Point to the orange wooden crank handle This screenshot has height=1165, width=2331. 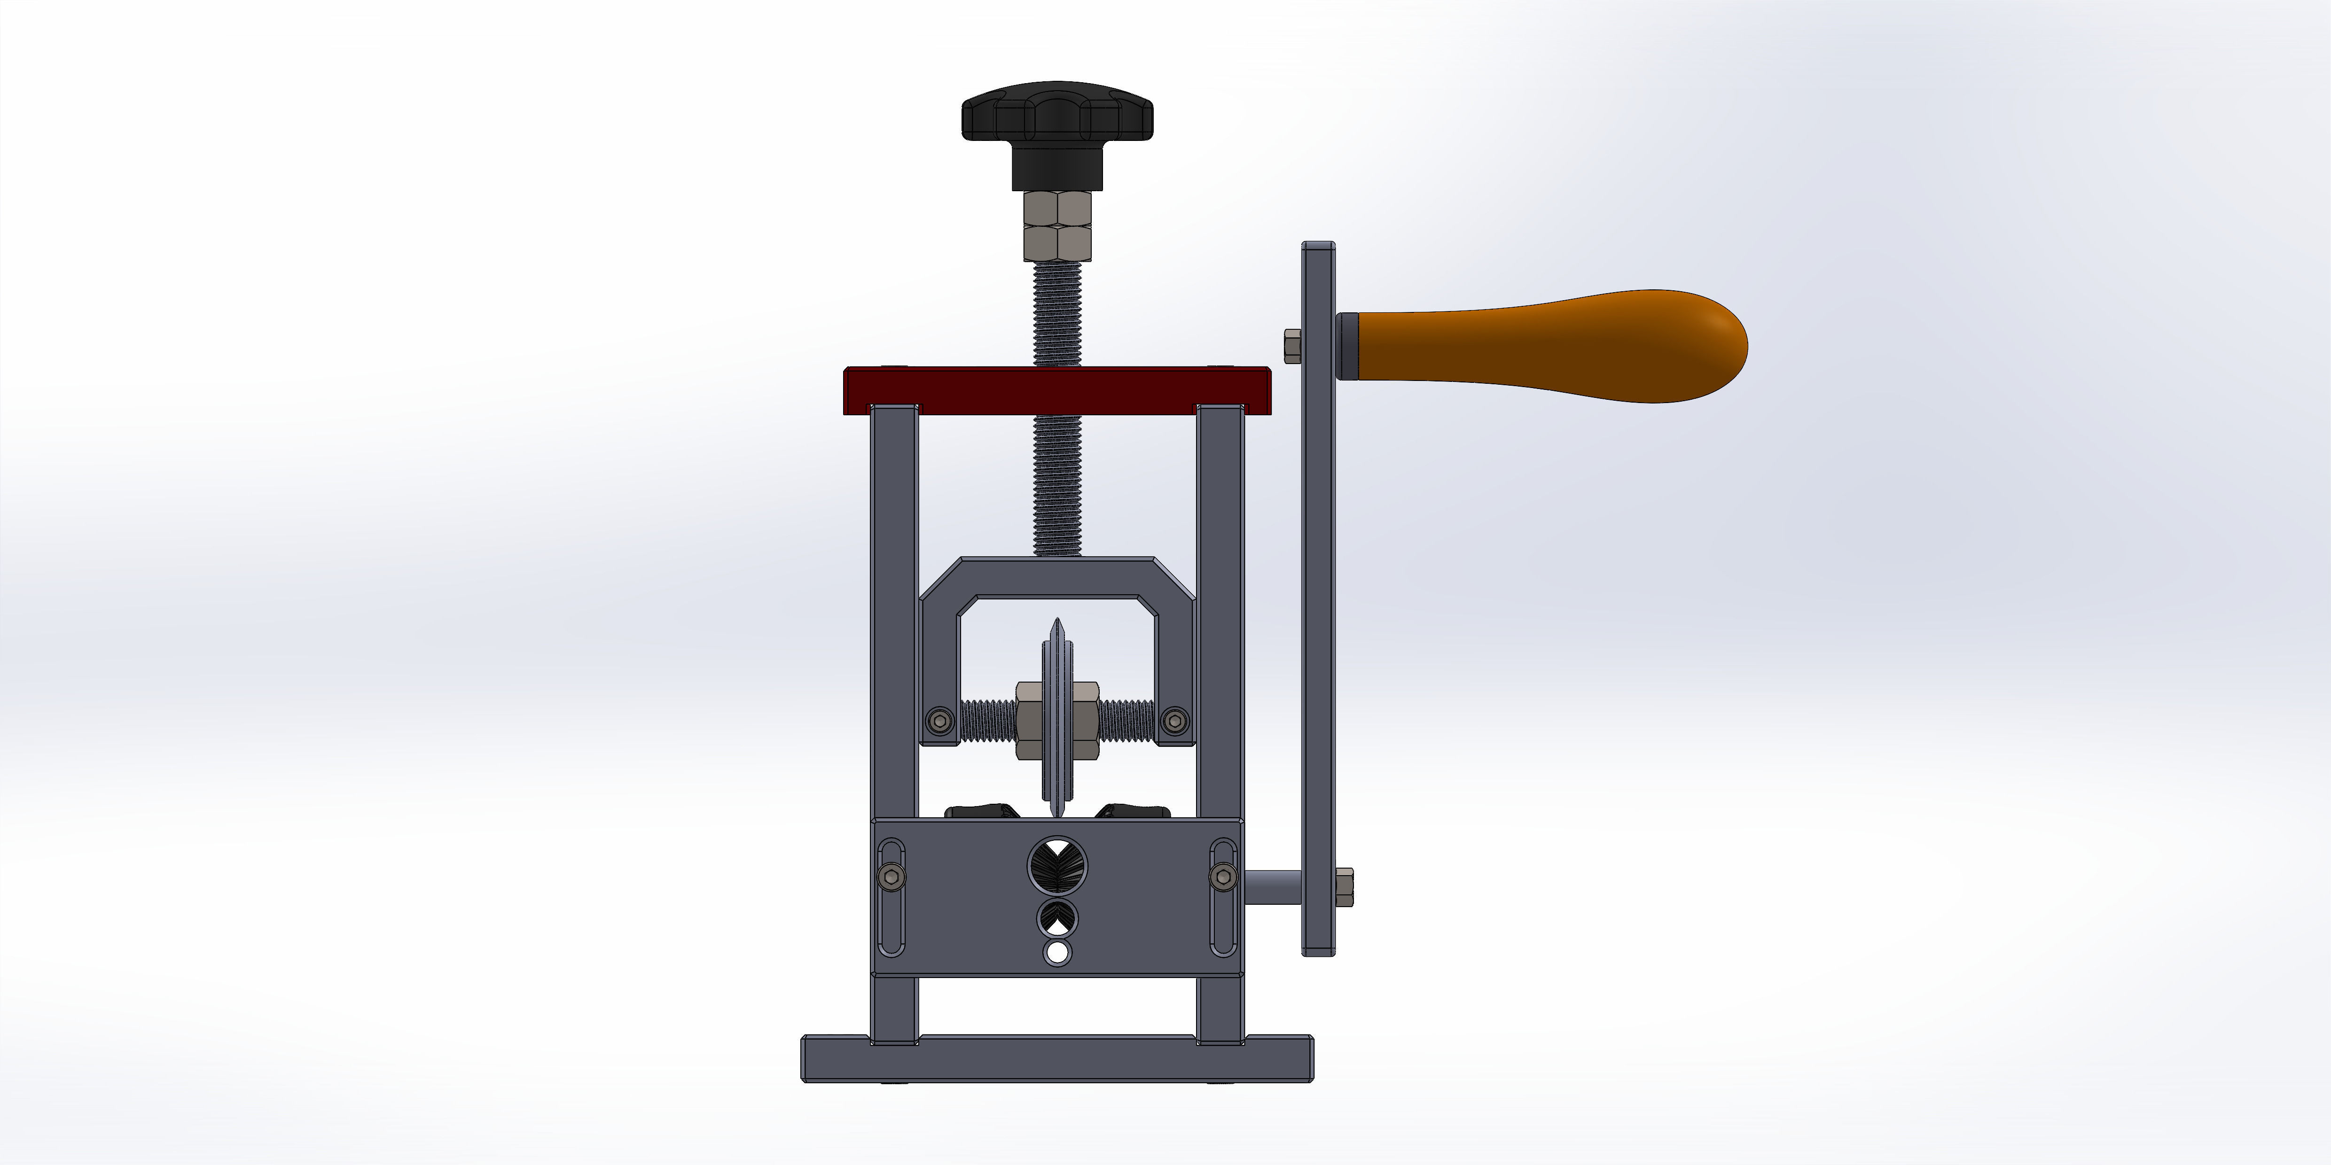click(1548, 346)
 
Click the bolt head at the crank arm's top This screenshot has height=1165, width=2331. click(1292, 346)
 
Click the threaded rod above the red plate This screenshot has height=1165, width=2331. click(1057, 312)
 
